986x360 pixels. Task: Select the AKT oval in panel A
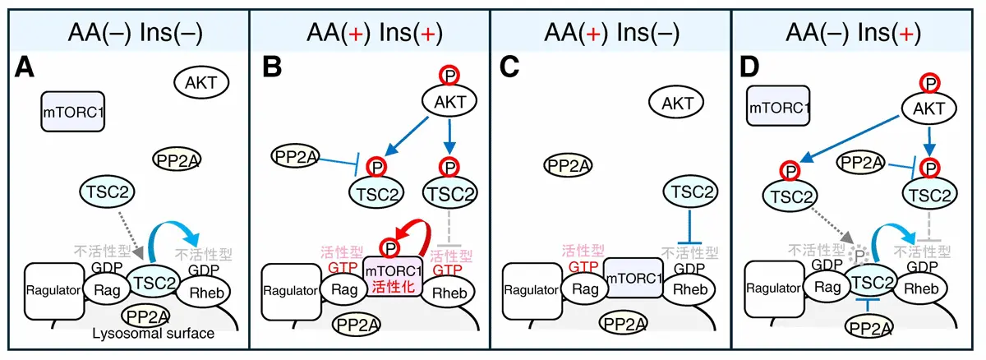[201, 81]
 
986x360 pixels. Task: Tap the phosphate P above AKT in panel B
[450, 76]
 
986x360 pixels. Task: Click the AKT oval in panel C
[677, 103]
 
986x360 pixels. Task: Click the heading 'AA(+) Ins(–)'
[613, 33]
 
